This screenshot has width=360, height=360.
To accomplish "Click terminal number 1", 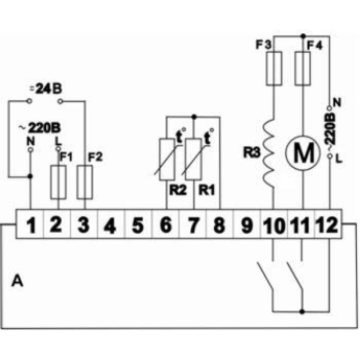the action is point(31,225).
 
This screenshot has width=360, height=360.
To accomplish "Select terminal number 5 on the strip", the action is point(138,225).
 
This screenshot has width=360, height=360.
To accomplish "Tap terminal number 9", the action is point(247,225).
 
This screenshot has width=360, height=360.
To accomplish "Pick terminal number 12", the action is point(327,225).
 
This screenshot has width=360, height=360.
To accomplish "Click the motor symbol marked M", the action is point(303,153).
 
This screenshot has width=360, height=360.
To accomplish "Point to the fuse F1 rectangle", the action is point(58,182).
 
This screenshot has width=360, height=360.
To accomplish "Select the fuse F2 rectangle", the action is point(85,182).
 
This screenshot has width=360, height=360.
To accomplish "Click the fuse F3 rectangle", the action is point(274,68).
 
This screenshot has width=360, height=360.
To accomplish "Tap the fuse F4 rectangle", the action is point(302,68).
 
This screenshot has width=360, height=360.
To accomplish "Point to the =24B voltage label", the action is point(46,89).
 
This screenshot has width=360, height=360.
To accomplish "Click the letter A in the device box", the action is point(17,281).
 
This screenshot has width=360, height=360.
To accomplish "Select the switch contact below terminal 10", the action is point(265,275).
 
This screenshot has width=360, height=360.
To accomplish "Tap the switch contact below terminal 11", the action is point(295,275).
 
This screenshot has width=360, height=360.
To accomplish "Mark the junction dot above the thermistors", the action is point(194,117).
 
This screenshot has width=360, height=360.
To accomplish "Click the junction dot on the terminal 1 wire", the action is point(30,176).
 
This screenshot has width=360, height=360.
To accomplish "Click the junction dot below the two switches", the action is point(302,312).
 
